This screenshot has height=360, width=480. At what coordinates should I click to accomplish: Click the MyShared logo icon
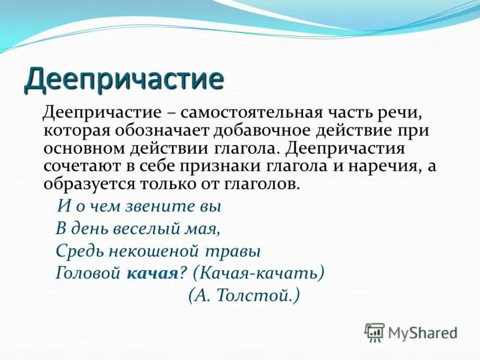374,332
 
